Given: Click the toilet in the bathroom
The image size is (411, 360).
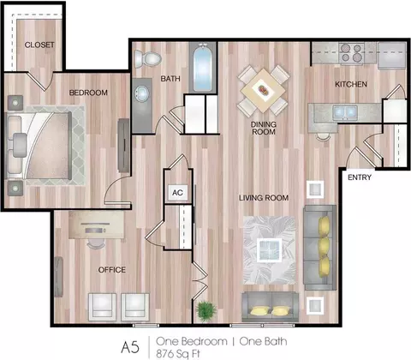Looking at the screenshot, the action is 147,59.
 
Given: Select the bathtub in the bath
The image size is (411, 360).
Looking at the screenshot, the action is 203,68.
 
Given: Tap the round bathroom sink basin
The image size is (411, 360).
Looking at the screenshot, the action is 142,93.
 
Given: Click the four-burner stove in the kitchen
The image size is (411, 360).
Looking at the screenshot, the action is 351,53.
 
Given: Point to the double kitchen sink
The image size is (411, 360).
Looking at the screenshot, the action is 345,112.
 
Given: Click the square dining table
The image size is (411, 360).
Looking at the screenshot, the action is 263,91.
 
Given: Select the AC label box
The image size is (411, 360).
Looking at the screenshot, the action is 177,193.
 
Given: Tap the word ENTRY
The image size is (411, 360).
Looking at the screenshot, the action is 360,177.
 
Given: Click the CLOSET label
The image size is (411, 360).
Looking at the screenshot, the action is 39,45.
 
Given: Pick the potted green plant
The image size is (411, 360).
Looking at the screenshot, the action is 206,311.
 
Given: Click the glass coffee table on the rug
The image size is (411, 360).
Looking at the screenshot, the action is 269,250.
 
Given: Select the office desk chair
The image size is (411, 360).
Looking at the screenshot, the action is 96,243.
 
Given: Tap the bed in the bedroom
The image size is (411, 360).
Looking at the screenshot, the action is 39,146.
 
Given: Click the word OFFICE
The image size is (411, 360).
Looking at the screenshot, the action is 112,270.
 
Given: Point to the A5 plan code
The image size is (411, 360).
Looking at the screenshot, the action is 130,347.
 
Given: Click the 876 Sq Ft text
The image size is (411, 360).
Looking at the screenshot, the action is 178,354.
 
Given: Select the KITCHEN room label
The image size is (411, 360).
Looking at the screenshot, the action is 351,84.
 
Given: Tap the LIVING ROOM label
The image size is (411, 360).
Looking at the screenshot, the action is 264,198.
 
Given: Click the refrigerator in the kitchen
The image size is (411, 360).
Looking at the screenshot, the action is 392,56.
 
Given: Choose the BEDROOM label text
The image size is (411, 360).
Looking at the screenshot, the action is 88,93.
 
